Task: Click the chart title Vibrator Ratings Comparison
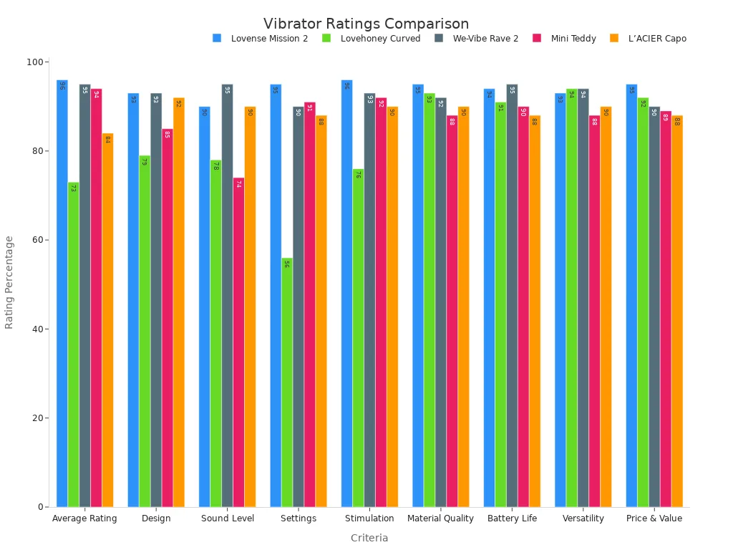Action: coord(366,24)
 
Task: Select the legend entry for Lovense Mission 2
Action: coord(269,39)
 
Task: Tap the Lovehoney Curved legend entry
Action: coord(380,39)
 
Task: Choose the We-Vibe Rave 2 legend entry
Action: coord(485,39)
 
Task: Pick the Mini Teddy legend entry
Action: coord(573,39)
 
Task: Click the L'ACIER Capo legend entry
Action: coord(656,39)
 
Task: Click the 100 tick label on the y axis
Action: coord(34,62)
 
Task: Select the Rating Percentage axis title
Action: coord(10,282)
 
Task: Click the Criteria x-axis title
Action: coord(369,538)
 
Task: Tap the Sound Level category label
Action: coord(227,518)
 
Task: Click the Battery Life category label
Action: coord(512,518)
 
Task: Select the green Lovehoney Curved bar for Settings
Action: coord(287,382)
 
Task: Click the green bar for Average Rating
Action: coord(73,344)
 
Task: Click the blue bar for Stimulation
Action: coord(346,294)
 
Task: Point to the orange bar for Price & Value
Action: coord(677,312)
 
